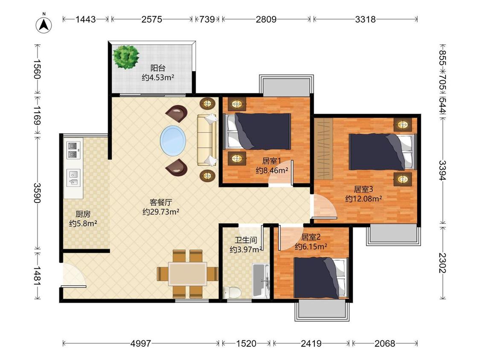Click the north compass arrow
[x=44, y=24]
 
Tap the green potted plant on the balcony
[x=125, y=57]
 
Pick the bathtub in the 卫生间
[x=261, y=281]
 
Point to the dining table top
[x=187, y=274]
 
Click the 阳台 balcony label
[x=157, y=68]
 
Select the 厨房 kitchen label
[x=83, y=214]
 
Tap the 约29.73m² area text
[x=161, y=212]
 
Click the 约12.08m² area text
[x=364, y=199]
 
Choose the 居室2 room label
[x=311, y=237]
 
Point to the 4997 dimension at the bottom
[x=140, y=343]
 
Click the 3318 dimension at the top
[x=365, y=19]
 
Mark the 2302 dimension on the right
[x=442, y=263]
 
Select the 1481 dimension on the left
[x=37, y=276]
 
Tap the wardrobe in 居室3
[x=324, y=148]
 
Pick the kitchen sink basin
[x=73, y=178]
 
